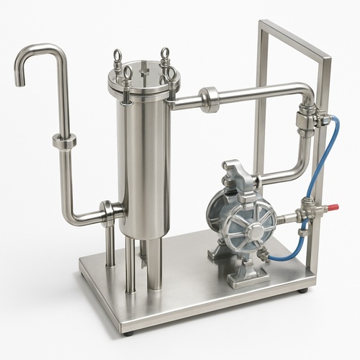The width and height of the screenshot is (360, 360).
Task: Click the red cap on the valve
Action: (332, 208)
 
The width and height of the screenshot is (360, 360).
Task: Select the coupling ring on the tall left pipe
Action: (64, 142)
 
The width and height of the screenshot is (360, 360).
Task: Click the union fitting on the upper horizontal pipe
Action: (210, 99)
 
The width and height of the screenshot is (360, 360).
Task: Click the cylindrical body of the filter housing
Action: (144, 166)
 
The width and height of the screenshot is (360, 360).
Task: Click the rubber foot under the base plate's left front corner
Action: (128, 333)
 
